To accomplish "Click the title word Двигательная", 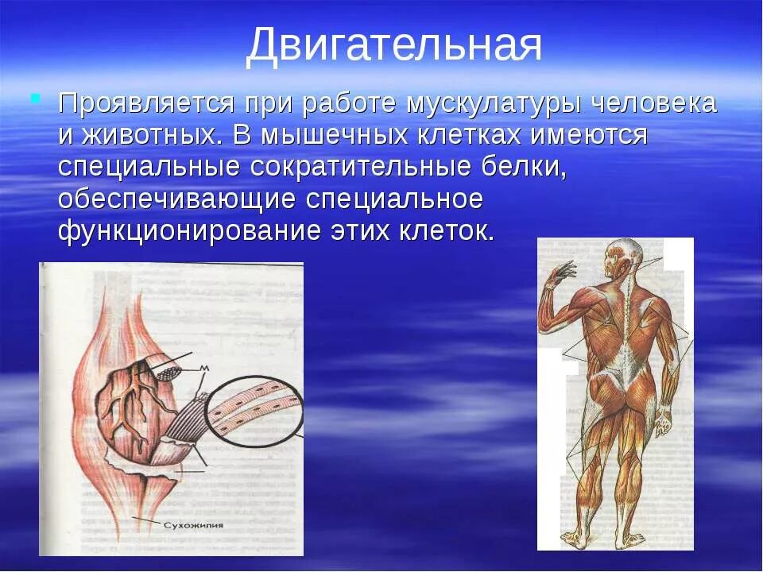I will pyautogui.click(x=393, y=45).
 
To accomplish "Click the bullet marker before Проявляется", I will pyautogui.click(x=34, y=98).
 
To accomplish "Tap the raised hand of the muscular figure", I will pyautogui.click(x=564, y=272).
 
